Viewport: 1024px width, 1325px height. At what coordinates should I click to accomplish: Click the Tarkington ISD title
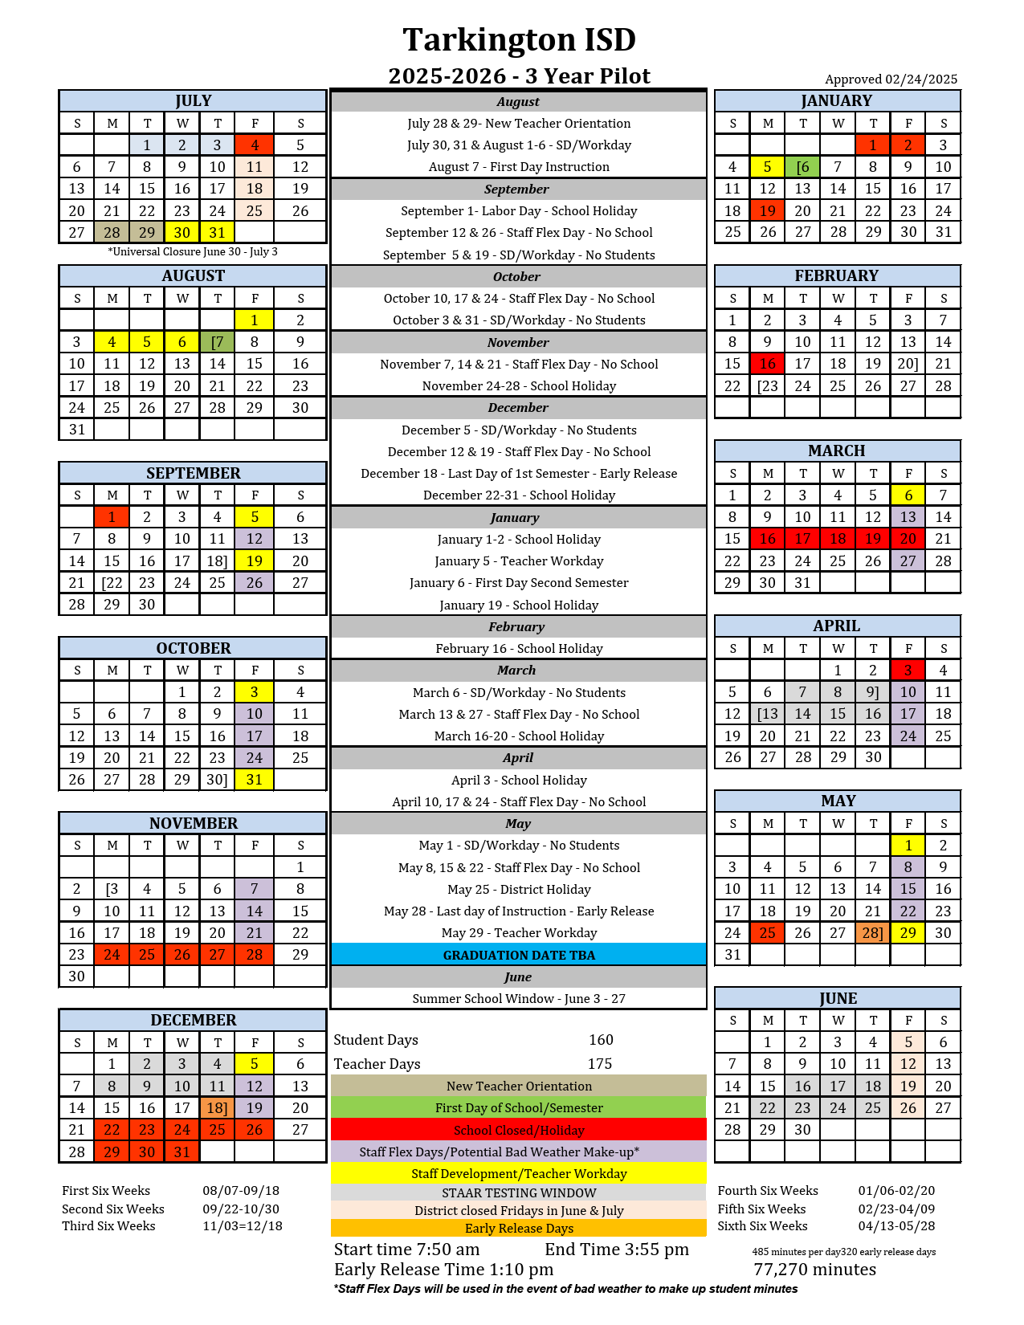point(519,39)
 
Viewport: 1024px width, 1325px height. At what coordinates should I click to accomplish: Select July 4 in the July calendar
point(255,145)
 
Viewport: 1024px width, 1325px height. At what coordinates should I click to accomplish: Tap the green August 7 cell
point(218,342)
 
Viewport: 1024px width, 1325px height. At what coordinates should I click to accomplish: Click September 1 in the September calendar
point(112,517)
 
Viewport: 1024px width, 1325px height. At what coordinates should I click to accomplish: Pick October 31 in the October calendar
point(255,780)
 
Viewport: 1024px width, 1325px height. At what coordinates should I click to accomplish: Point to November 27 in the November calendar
point(218,955)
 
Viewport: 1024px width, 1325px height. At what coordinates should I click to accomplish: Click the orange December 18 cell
point(218,1108)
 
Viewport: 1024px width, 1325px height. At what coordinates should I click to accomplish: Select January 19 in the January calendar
point(768,211)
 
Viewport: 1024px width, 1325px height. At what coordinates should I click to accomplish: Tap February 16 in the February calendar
point(768,364)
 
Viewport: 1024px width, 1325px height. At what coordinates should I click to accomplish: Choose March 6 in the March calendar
point(908,495)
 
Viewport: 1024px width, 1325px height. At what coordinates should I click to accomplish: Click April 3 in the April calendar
point(908,671)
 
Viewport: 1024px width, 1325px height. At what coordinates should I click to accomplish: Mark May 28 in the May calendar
point(873,933)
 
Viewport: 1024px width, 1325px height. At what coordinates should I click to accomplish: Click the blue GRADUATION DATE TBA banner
point(519,955)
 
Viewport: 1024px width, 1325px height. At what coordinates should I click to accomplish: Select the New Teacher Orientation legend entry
point(519,1086)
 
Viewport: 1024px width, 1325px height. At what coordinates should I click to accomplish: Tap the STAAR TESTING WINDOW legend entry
point(519,1193)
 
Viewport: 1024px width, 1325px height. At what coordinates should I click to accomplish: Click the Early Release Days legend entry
point(519,1229)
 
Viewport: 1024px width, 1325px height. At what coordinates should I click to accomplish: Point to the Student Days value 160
point(601,1040)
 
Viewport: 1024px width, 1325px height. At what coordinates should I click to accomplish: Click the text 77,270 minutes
point(814,1270)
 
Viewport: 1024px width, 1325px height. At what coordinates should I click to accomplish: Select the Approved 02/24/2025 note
point(891,79)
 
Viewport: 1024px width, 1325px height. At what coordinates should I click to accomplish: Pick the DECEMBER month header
point(194,1021)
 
